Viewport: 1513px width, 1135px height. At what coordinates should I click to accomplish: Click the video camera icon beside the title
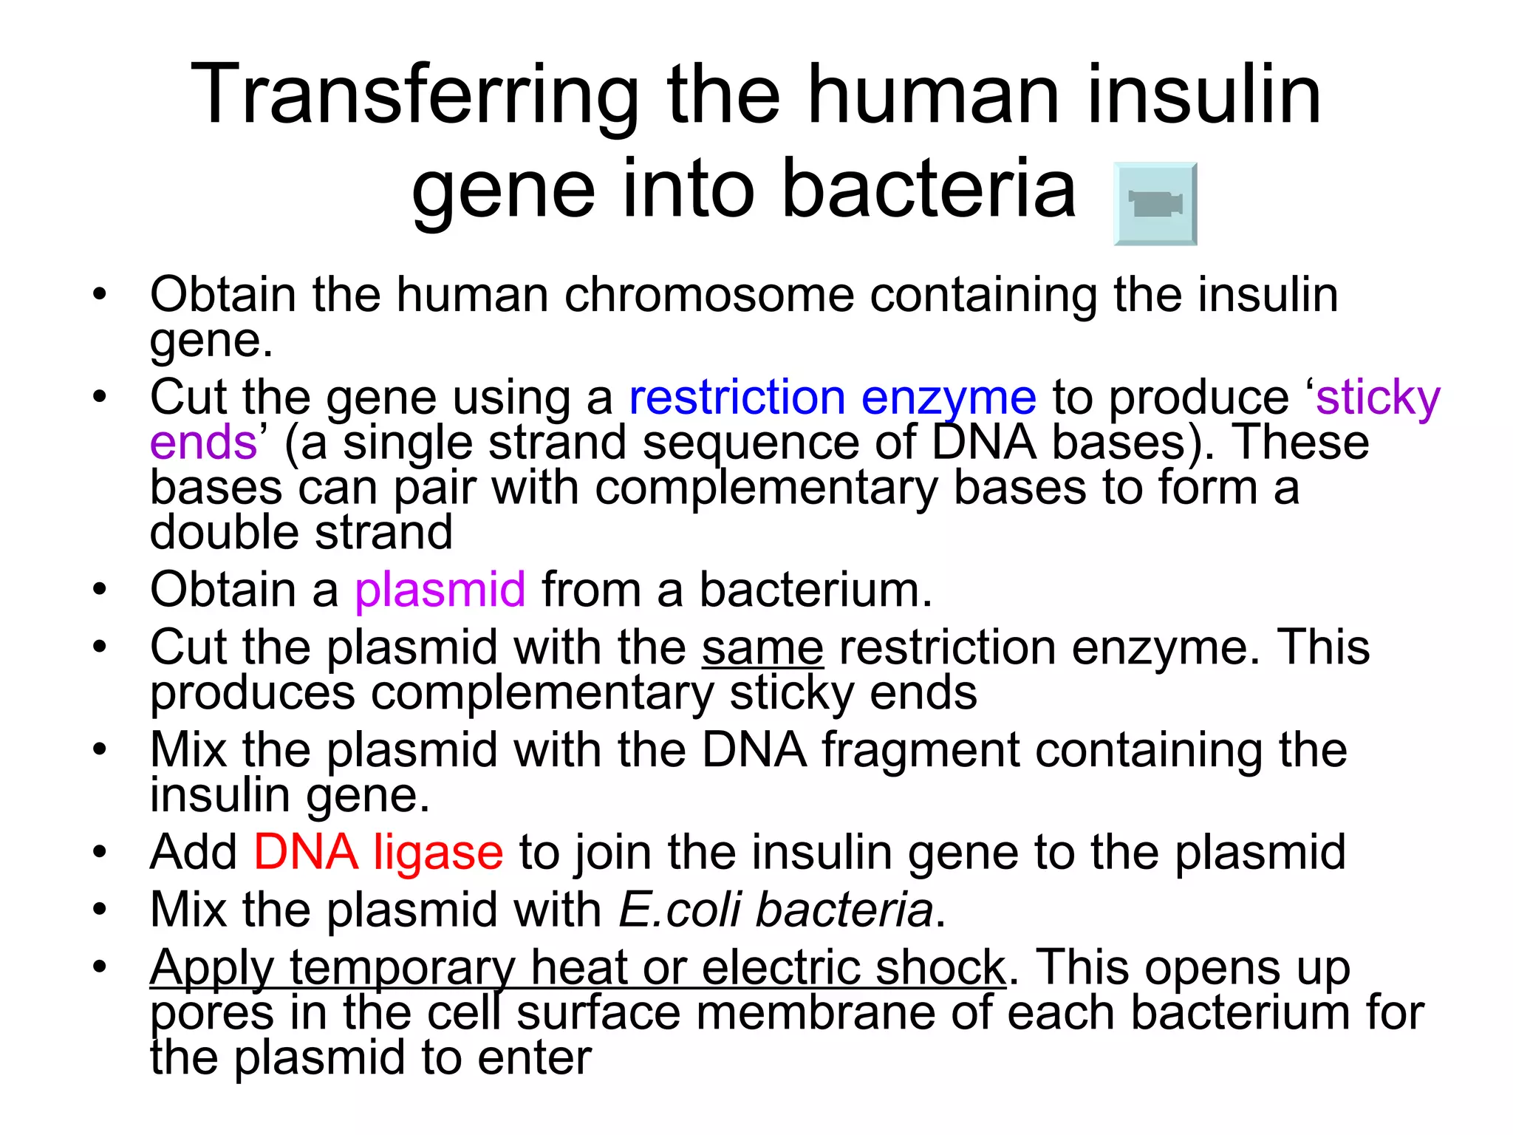pyautogui.click(x=1155, y=204)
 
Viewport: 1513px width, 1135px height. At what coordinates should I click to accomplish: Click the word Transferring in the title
pyautogui.click(x=414, y=96)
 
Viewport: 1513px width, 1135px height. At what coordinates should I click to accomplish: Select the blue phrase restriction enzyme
pyautogui.click(x=833, y=398)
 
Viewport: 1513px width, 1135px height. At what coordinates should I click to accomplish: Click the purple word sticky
pyautogui.click(x=1378, y=398)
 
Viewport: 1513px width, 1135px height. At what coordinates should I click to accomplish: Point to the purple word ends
pyautogui.click(x=203, y=443)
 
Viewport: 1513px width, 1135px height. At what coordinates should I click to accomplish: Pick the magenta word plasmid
pyautogui.click(x=440, y=590)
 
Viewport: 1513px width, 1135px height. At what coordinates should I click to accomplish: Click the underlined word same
pyautogui.click(x=762, y=648)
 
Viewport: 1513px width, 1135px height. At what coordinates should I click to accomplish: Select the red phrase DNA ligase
pyautogui.click(x=378, y=852)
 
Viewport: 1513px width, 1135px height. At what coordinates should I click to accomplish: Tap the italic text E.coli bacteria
pyautogui.click(x=776, y=910)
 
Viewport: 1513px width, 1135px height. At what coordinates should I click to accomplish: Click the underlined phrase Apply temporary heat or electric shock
pyautogui.click(x=577, y=967)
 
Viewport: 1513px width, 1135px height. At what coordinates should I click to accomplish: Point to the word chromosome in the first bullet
pyautogui.click(x=708, y=295)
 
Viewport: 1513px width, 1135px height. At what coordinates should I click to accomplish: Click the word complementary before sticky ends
pyautogui.click(x=542, y=693)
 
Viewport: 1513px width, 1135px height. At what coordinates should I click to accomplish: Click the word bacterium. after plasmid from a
pyautogui.click(x=816, y=590)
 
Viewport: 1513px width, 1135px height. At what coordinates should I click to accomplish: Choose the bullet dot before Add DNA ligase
pyautogui.click(x=100, y=852)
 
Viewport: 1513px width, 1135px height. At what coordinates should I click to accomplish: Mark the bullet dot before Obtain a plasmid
pyautogui.click(x=100, y=590)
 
